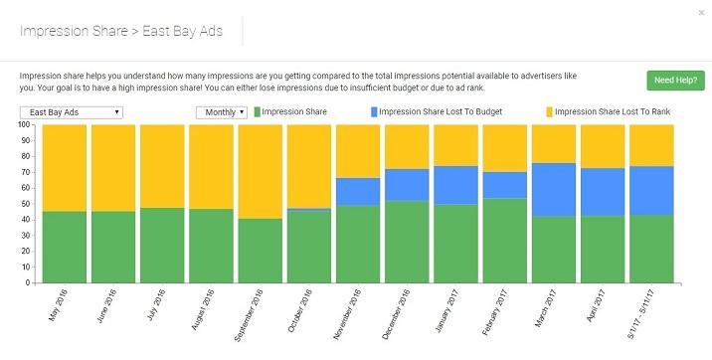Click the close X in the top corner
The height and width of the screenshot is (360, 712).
702,12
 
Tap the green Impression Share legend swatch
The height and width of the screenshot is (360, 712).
260,112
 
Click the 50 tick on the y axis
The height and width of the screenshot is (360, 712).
27,204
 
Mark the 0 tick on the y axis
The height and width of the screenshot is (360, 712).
30,282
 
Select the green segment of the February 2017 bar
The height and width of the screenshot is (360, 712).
504,240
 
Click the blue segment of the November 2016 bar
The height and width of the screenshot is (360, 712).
357,191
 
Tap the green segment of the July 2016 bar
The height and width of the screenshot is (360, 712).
162,245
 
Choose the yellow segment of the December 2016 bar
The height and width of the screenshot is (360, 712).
407,146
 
